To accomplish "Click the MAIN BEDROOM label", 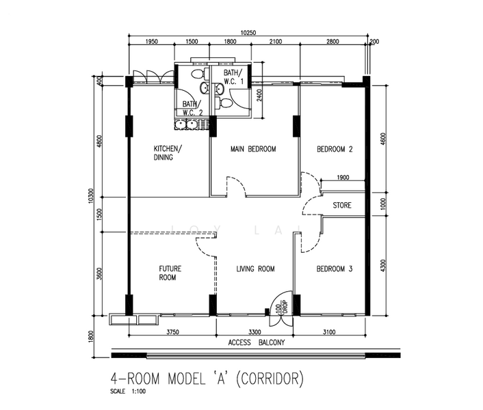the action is (x=253, y=149).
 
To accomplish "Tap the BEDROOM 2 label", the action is (x=335, y=149).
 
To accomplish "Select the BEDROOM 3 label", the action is (x=335, y=269).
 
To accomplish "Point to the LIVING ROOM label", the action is (x=255, y=269).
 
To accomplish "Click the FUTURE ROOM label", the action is (x=170, y=273).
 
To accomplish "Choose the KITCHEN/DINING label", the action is (x=168, y=153).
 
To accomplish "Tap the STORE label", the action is (x=342, y=205).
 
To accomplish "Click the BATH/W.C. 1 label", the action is (x=233, y=77).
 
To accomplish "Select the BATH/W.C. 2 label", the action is (x=192, y=108).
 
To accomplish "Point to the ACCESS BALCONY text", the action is (x=257, y=342).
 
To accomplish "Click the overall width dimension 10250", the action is (x=248, y=33).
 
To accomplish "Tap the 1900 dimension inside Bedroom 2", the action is (x=343, y=177).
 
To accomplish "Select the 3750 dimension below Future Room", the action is (x=172, y=332).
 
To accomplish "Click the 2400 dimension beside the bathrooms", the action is (x=259, y=96).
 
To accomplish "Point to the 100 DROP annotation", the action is (x=282, y=307).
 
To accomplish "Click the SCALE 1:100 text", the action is (x=128, y=392).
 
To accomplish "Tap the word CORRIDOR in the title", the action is (x=270, y=379).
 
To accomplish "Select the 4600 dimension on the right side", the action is (x=383, y=139).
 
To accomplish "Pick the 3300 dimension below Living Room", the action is (x=254, y=332).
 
